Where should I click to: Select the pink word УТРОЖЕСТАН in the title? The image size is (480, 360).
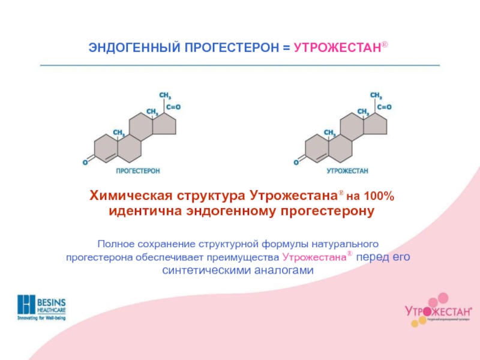(x=337, y=47)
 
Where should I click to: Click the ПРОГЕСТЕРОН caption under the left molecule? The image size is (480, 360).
(x=137, y=171)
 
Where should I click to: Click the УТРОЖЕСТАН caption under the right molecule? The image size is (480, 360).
(x=347, y=171)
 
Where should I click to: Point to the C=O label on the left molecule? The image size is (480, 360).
(x=173, y=107)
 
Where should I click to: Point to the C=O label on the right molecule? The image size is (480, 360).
(x=384, y=107)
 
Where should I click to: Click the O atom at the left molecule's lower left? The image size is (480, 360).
(x=85, y=161)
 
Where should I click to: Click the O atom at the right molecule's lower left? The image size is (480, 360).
(x=296, y=161)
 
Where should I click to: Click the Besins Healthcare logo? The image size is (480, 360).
(x=41, y=305)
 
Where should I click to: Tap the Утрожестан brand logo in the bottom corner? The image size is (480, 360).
(x=437, y=310)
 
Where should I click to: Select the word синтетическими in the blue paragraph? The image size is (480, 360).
(x=206, y=271)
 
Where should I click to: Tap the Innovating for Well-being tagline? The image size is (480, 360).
(x=41, y=317)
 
